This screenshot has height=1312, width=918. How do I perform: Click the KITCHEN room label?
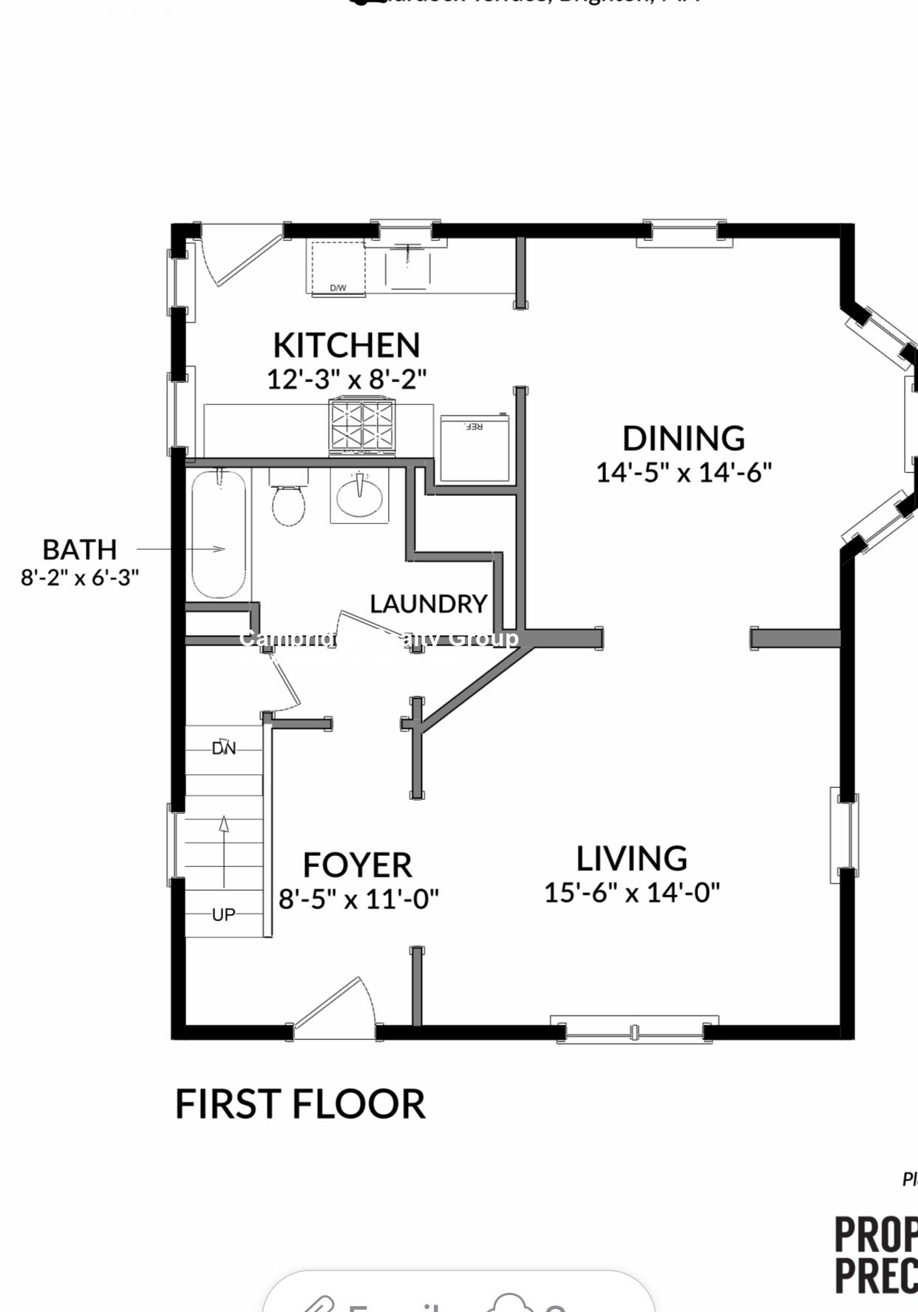pos(346,345)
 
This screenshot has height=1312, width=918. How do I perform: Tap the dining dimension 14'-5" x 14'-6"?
pos(684,472)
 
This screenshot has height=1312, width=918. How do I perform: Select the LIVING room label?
pos(631,859)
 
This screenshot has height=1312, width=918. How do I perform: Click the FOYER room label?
pos(357,865)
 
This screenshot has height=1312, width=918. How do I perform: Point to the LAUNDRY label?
pos(428,604)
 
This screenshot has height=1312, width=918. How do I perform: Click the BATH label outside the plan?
pos(79,550)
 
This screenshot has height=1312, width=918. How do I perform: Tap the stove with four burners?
pos(362,427)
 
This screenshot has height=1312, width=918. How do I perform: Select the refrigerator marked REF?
pos(475,448)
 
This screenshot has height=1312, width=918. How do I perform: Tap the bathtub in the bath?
pos(219,534)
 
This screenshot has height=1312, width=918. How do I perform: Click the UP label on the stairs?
pos(223,914)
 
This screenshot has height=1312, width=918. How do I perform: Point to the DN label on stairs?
pos(223,748)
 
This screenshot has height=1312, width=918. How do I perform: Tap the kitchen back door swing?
pos(237,259)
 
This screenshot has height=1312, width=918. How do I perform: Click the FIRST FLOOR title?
pos(299,1104)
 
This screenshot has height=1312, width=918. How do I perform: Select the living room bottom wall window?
pos(634,1030)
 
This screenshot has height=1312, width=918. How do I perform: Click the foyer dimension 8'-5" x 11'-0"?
pos(358,900)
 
